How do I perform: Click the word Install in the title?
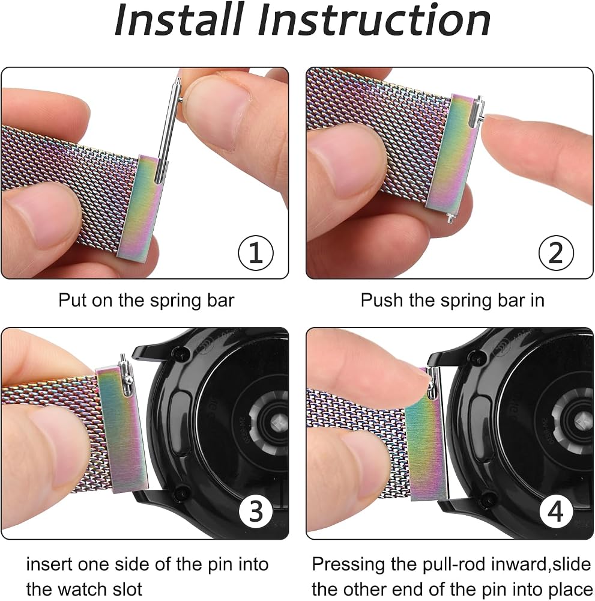pos(179,20)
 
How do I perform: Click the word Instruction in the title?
pos(374,20)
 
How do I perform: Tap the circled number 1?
pos(256,253)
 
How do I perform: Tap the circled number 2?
pos(556,253)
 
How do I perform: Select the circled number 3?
pos(256,511)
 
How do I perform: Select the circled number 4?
pos(556,511)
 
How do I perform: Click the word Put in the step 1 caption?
pos(73,300)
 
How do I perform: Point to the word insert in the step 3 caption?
pos(49,564)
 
